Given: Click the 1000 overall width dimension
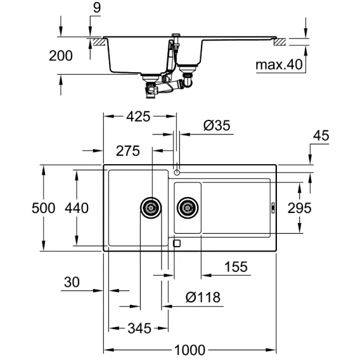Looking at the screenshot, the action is [190, 350].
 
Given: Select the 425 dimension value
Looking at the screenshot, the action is [138, 117].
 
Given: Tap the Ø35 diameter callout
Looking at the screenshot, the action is [217, 125].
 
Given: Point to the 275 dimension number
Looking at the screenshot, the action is [128, 151].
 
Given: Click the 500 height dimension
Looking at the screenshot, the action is [43, 208].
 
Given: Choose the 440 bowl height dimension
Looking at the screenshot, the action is [77, 208].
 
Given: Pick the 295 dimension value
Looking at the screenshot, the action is [300, 208].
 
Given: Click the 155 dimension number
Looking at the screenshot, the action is [236, 267].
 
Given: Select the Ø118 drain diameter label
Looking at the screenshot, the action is [203, 297].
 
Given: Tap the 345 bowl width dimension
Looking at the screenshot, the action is [139, 328].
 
